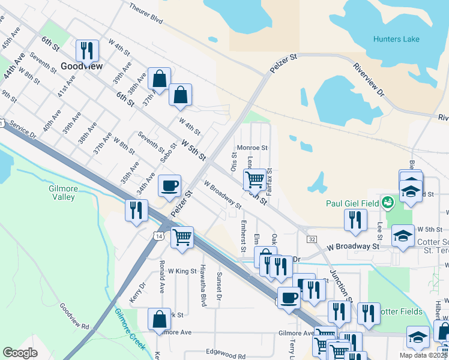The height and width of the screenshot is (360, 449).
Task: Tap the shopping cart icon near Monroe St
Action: click(255, 178)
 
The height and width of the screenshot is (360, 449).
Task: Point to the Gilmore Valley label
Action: click(63, 193)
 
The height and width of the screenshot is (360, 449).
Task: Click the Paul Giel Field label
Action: click(352, 203)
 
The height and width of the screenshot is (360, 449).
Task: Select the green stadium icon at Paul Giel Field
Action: click(387, 202)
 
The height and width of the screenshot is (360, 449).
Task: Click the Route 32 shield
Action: click(312, 239)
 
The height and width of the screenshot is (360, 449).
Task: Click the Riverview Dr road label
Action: click(368, 79)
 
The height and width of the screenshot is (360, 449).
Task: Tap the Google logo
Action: click(20, 353)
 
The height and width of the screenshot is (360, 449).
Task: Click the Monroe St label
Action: click(252, 148)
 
